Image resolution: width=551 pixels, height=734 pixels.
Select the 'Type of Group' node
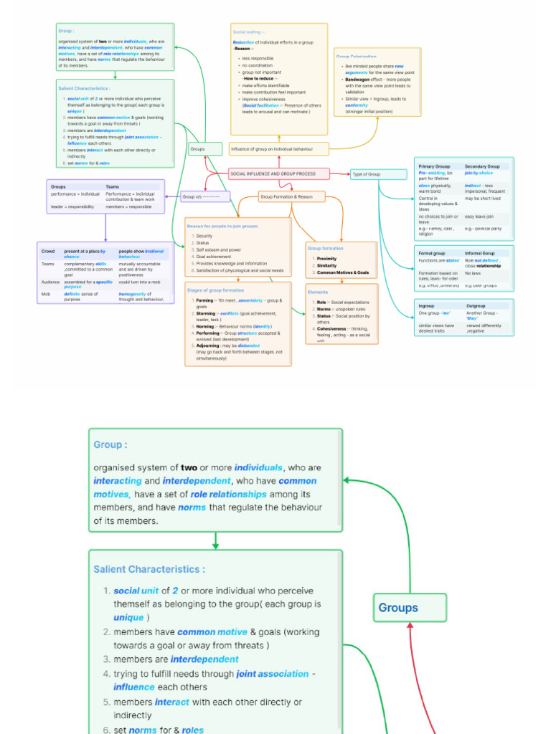click(x=366, y=174)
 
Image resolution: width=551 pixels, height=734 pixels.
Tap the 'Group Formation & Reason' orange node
click(x=286, y=196)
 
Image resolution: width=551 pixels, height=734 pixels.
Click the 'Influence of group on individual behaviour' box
click(x=272, y=149)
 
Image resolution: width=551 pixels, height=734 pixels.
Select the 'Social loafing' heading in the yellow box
click(x=248, y=32)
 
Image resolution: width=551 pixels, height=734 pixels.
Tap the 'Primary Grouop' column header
click(x=434, y=166)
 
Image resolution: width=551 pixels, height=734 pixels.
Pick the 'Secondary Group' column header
click(x=482, y=166)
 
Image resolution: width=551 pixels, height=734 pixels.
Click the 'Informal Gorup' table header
click(x=479, y=253)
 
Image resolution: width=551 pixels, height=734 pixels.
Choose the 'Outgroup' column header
click(x=476, y=306)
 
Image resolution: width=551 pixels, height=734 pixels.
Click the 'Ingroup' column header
click(x=426, y=306)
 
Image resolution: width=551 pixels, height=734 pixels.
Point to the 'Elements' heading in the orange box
click(x=318, y=292)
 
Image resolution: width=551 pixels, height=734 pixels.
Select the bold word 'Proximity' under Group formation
click(x=326, y=259)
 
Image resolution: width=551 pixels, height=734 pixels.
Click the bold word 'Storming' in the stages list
click(x=205, y=313)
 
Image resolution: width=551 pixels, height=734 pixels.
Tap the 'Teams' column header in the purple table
click(x=113, y=186)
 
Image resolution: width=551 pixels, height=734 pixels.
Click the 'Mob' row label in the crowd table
click(x=46, y=294)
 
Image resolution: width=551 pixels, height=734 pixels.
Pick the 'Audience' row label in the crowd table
click(x=51, y=282)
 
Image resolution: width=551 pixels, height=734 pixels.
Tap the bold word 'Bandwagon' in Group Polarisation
click(x=357, y=80)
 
